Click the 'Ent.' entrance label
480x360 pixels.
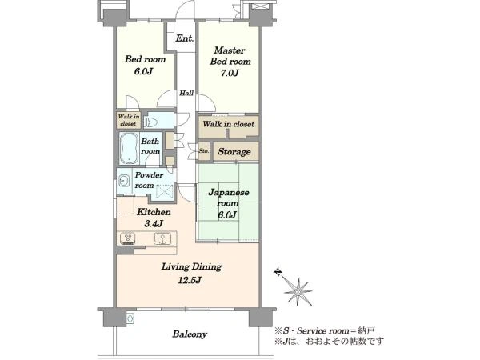(185, 38)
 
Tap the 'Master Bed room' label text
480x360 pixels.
(230, 56)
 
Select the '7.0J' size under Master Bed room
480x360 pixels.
(230, 73)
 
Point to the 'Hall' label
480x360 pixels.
(186, 93)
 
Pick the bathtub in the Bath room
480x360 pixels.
(128, 148)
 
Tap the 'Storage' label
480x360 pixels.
(234, 152)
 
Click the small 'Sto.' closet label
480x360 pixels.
(204, 151)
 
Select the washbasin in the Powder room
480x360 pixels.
(123, 181)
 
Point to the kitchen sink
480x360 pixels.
(162, 238)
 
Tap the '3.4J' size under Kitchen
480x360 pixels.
(154, 223)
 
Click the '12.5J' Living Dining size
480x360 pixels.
(190, 280)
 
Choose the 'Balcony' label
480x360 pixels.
(190, 334)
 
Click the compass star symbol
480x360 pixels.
(298, 291)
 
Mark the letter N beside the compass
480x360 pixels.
(278, 272)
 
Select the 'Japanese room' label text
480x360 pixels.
(228, 198)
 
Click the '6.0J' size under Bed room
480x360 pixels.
(143, 71)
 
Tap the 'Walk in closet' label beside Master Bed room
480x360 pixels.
(228, 124)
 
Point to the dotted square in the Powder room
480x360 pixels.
(165, 192)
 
